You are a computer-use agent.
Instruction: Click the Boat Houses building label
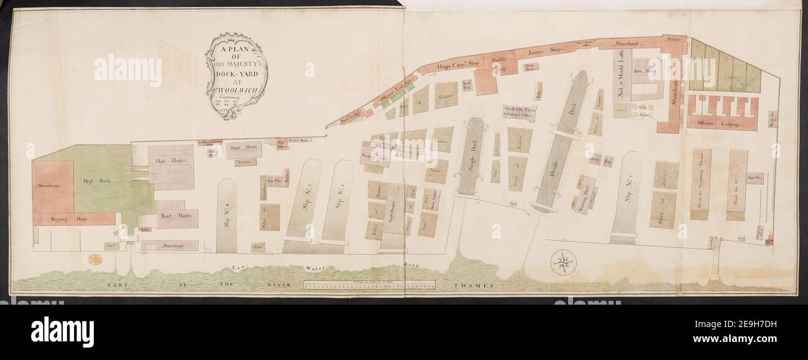[x=177, y=215]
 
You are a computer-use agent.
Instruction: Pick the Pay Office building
[x=282, y=145]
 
